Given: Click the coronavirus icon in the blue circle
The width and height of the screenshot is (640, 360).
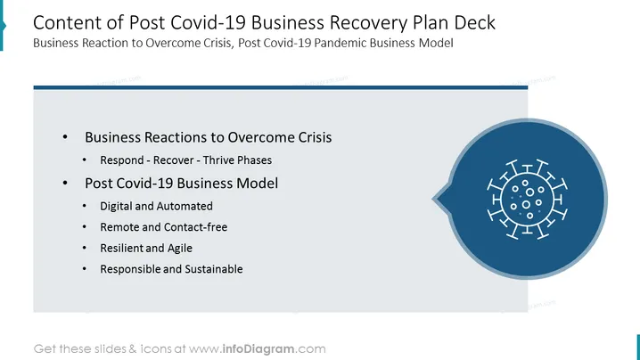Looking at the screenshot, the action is click(x=527, y=200).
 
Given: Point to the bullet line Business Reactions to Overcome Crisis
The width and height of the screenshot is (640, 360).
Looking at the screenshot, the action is click(x=209, y=137).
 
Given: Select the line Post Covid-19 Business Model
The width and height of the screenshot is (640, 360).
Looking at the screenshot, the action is click(x=181, y=184).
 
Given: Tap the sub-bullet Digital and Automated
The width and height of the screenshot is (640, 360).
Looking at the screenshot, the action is click(x=156, y=206).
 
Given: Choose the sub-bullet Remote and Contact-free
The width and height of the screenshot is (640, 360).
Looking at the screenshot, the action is click(x=164, y=227).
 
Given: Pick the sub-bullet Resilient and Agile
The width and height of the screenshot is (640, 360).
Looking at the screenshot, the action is click(x=146, y=248).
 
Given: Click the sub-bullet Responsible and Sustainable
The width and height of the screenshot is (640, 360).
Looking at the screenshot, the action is click(x=171, y=269).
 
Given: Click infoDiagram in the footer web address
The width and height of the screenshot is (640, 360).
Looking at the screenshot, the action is click(x=258, y=349).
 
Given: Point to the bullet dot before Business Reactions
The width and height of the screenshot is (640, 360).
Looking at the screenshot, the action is click(x=65, y=137).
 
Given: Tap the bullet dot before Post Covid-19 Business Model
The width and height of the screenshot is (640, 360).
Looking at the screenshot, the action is click(x=65, y=184).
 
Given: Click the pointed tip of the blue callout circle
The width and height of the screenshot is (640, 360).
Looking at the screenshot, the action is click(x=433, y=200).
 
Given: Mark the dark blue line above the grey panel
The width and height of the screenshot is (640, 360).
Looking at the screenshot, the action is click(x=281, y=87).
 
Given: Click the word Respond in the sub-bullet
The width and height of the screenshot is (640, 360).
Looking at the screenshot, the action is click(x=122, y=160).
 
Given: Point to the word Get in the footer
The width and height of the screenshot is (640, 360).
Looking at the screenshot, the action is click(x=45, y=349).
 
